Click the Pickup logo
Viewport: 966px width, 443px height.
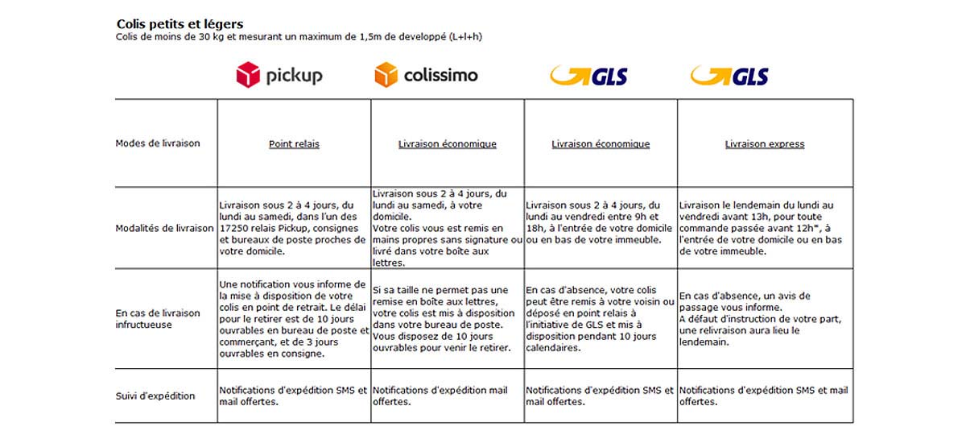click(279, 76)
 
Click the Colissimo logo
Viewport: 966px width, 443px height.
click(426, 76)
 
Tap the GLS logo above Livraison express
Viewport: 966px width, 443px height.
click(729, 77)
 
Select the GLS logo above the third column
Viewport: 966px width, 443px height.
click(588, 77)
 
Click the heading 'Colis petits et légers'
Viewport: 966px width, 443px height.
click(180, 24)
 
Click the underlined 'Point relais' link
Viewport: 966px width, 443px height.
click(294, 144)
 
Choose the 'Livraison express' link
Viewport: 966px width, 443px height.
click(765, 144)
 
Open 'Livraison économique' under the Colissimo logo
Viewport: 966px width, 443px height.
click(448, 144)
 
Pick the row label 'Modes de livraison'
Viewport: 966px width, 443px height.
click(158, 143)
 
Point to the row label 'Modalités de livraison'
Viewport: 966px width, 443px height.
click(164, 228)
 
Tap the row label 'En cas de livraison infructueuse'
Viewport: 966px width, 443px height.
click(157, 318)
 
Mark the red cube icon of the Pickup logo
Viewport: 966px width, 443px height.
click(248, 76)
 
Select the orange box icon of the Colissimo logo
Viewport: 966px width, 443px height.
click(386, 76)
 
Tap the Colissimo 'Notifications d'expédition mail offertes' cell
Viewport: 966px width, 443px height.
click(447, 395)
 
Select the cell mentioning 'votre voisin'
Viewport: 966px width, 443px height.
click(600, 318)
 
